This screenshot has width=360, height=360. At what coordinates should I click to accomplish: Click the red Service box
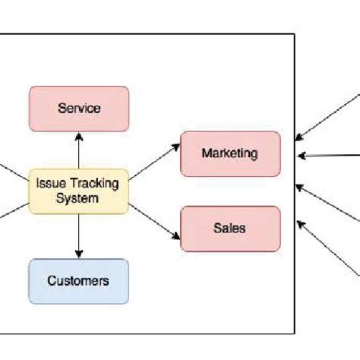pyautogui.click(x=78, y=109)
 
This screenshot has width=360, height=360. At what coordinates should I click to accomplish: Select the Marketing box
pyautogui.click(x=229, y=153)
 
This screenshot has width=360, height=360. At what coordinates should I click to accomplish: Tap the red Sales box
pyautogui.click(x=229, y=227)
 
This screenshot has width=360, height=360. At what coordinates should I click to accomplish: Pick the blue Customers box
pyautogui.click(x=78, y=281)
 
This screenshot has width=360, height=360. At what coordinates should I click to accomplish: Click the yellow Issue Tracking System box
pyautogui.click(x=78, y=190)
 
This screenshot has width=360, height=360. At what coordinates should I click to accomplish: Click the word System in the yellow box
pyautogui.click(x=78, y=198)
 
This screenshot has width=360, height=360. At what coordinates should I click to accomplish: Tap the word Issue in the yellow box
pyautogui.click(x=49, y=183)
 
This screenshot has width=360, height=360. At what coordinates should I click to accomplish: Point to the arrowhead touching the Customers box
pyautogui.click(x=78, y=254)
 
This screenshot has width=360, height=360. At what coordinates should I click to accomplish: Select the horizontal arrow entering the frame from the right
pyautogui.click(x=327, y=156)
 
